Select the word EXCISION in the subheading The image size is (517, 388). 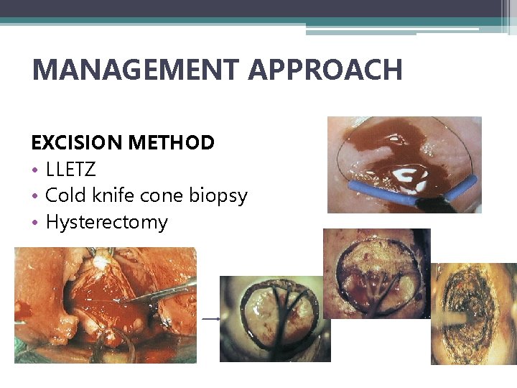tap(77, 142)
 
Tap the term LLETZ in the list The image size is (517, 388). tap(70, 170)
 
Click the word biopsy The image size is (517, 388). tap(220, 196)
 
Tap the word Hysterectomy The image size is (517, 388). tap(106, 223)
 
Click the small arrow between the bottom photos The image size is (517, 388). tap(211, 318)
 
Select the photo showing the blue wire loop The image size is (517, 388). tap(404, 165)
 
